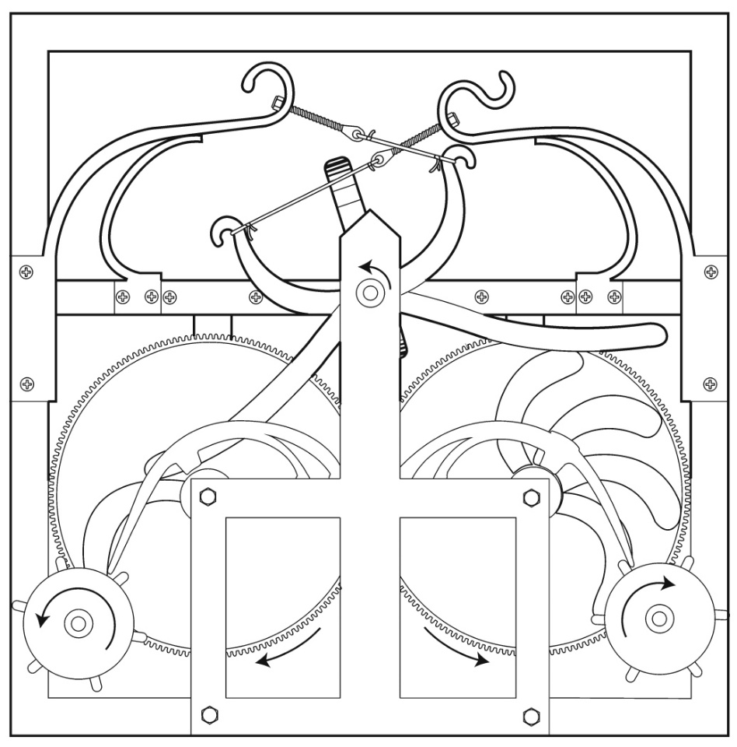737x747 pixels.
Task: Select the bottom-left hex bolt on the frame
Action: [208, 714]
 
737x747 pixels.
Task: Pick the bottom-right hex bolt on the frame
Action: [532, 714]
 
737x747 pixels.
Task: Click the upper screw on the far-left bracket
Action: [28, 272]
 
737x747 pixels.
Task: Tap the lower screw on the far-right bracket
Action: [710, 384]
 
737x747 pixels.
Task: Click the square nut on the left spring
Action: [278, 102]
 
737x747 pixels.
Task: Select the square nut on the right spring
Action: [453, 117]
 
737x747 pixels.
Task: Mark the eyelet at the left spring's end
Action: [356, 135]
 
